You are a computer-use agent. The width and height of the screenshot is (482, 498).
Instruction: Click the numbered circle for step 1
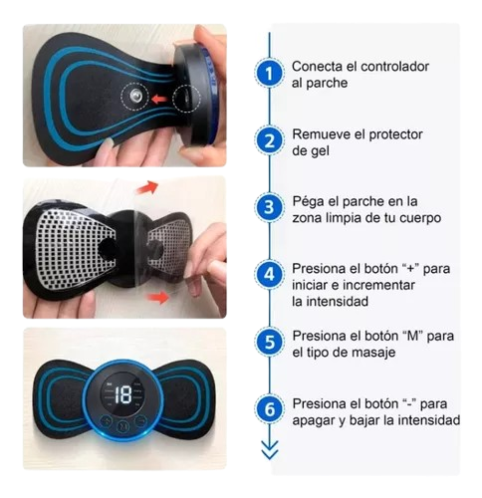269,73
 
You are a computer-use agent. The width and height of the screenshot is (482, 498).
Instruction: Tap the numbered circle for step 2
269,140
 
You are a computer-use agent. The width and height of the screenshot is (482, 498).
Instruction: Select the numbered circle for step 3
269,207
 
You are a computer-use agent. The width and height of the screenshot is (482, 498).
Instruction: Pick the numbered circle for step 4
269,275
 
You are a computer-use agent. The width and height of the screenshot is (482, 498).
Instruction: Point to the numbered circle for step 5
269,342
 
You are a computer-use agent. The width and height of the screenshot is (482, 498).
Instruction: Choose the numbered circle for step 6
269,409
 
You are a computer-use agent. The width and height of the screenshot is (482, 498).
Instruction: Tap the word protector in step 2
395,135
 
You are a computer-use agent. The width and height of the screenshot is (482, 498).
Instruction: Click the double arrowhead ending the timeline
270,450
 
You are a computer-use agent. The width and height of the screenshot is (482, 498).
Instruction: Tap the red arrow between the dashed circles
159,99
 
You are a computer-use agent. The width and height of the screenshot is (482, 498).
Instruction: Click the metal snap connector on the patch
135,96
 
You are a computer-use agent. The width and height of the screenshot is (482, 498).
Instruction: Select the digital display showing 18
123,394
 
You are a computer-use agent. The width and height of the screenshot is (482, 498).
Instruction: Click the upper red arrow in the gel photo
147,187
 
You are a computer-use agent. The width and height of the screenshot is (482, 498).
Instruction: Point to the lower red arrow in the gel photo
157,297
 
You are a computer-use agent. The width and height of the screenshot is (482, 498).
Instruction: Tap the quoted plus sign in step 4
411,268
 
